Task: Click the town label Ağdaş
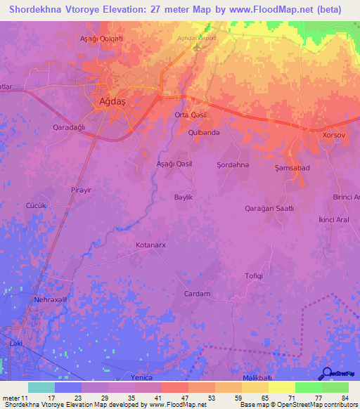108,102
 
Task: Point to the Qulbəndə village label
205,132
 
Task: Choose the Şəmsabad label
292,168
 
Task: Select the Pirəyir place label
82,190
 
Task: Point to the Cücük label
36,205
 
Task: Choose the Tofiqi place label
254,275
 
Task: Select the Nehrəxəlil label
51,299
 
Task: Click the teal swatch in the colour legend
41,387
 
